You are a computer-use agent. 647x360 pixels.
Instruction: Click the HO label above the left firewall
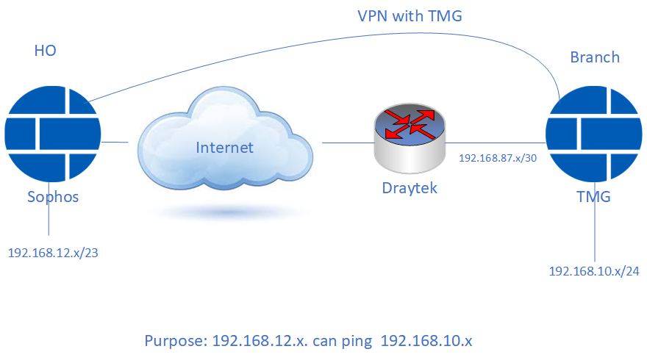click(45, 51)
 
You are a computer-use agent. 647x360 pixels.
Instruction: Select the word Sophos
click(52, 196)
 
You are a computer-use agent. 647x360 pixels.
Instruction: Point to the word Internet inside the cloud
click(224, 148)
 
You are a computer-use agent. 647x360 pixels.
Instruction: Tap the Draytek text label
click(410, 188)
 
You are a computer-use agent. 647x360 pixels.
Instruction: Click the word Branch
click(595, 57)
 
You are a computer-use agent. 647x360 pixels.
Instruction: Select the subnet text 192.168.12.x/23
click(53, 252)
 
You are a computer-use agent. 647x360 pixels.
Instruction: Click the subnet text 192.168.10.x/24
click(594, 271)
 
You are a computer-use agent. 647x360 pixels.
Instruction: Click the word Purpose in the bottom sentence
click(175, 342)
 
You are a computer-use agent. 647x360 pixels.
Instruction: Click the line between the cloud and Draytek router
click(346, 143)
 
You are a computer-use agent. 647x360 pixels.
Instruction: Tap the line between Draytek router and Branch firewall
click(496, 143)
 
